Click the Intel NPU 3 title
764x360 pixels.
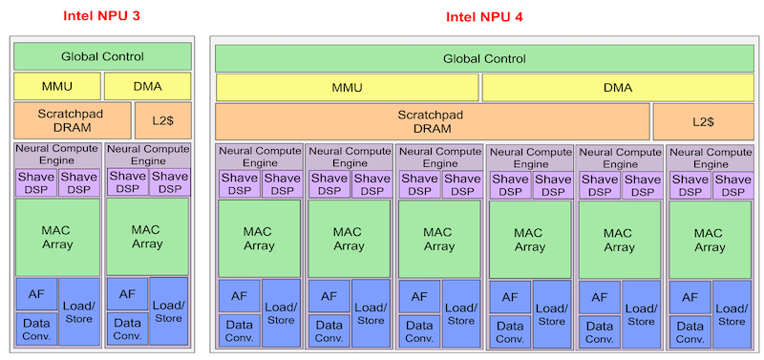pyautogui.click(x=103, y=17)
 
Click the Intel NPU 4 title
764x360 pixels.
pyautogui.click(x=484, y=17)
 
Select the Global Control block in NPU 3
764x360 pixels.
pyautogui.click(x=102, y=56)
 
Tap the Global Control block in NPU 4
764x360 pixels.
pyautogui.click(x=483, y=58)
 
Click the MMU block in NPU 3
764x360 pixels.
pyautogui.click(x=56, y=86)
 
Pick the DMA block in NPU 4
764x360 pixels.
pyautogui.click(x=618, y=87)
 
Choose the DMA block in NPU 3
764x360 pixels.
pyautogui.click(x=147, y=86)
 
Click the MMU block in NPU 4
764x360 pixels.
pyautogui.click(x=347, y=87)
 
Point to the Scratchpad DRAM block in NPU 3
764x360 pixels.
pyautogui.click(x=56, y=120)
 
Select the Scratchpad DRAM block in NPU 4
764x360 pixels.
pyautogui.click(x=432, y=121)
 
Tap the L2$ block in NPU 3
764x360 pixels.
pyautogui.click(x=147, y=120)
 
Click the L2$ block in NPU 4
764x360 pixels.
pyautogui.click(x=703, y=121)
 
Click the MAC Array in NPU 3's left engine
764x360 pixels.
pyautogui.click(x=56, y=236)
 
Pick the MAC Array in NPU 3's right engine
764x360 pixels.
pyautogui.click(x=147, y=236)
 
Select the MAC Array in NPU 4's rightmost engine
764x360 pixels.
pyautogui.click(x=709, y=240)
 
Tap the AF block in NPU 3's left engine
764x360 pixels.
pyautogui.click(x=35, y=293)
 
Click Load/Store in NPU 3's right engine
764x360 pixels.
pyautogui.click(x=168, y=311)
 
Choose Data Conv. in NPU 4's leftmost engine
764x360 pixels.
pyautogui.click(x=239, y=330)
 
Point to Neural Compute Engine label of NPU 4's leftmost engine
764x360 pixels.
pyautogui.click(x=259, y=158)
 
